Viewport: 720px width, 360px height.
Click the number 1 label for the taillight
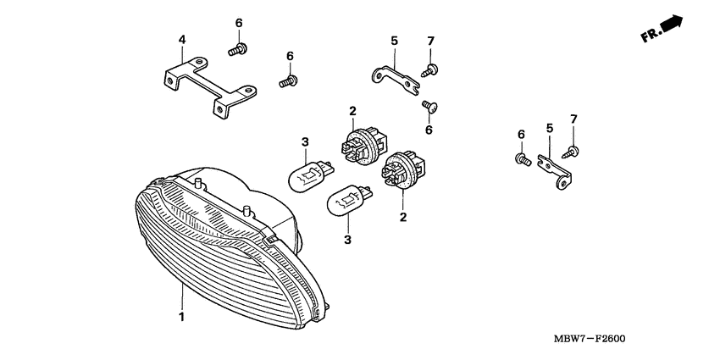[180, 317]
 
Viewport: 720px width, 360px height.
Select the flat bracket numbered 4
[207, 85]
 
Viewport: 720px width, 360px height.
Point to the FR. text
[650, 36]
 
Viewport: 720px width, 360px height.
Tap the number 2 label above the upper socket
[352, 110]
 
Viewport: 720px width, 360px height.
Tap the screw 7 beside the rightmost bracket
[573, 150]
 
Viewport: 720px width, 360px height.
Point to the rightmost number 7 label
[573, 118]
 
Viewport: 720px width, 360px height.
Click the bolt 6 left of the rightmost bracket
[522, 158]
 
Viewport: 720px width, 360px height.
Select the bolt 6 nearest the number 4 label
[238, 49]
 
